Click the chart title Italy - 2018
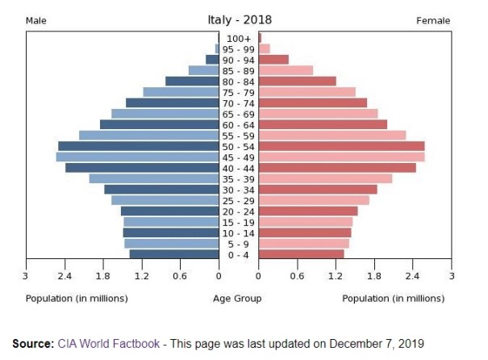[x=238, y=19]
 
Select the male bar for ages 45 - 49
[x=137, y=157]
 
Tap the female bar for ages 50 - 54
[x=341, y=146]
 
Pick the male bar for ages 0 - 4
[x=174, y=254]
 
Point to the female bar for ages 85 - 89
[x=286, y=70]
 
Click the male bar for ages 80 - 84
[x=192, y=82]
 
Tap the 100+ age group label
[x=238, y=38]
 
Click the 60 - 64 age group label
[x=238, y=124]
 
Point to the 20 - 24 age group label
[x=238, y=211]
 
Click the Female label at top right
[x=433, y=20]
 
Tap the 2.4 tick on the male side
[x=65, y=275]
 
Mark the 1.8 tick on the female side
[x=374, y=275]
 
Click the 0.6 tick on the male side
[x=181, y=275]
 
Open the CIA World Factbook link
[x=107, y=342]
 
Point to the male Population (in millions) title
[x=77, y=299]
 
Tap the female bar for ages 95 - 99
[x=265, y=48]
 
